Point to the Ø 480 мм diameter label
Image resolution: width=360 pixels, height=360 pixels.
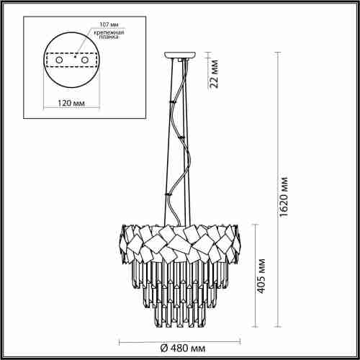(185, 348)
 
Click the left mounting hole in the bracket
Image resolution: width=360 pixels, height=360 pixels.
(59, 61)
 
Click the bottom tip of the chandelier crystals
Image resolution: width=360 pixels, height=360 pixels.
(184, 332)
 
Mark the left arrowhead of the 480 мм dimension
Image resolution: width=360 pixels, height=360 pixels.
(120, 338)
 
